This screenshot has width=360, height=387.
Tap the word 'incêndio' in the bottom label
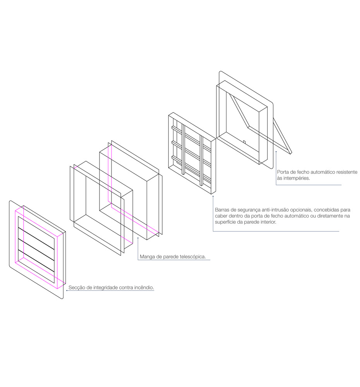(144, 288)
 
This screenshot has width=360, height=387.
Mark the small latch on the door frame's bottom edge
(244, 142)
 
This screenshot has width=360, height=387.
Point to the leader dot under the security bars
(213, 197)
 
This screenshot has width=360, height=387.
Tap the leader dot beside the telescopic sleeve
(138, 238)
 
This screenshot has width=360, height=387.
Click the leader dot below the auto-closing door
(276, 152)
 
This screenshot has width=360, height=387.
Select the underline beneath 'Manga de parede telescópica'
(174, 260)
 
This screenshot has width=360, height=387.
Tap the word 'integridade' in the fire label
(105, 288)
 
